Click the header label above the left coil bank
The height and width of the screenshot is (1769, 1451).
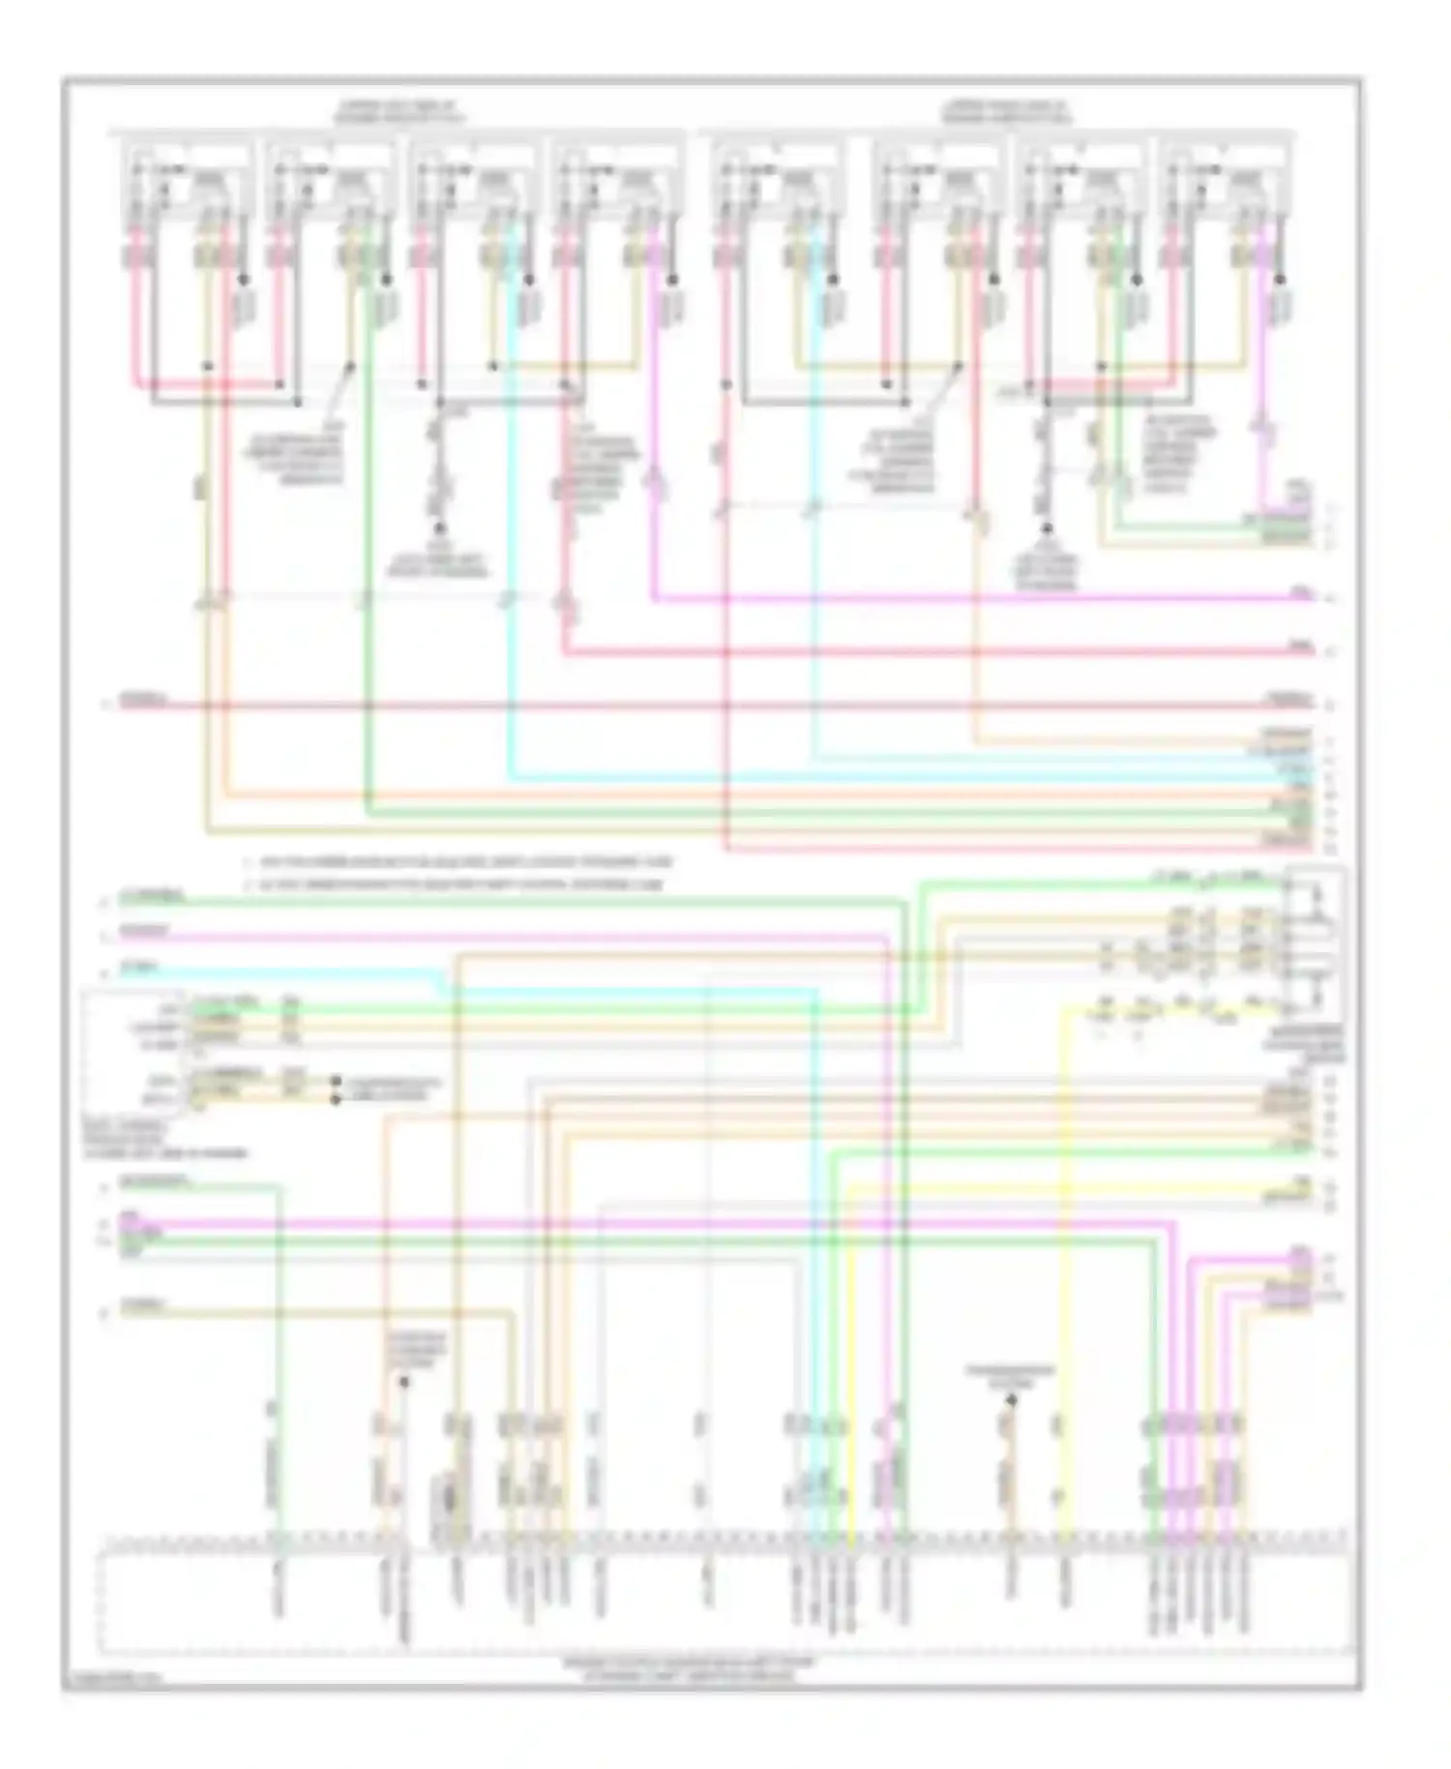pyautogui.click(x=399, y=110)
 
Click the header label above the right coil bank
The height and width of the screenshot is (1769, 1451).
pyautogui.click(x=1009, y=110)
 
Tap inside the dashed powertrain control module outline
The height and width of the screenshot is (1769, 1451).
pyautogui.click(x=725, y=1597)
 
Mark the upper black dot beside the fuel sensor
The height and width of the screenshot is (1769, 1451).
pyautogui.click(x=335, y=1080)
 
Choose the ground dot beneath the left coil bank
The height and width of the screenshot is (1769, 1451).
pyautogui.click(x=439, y=528)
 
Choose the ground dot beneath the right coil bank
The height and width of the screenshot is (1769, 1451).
pyautogui.click(x=1046, y=528)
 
